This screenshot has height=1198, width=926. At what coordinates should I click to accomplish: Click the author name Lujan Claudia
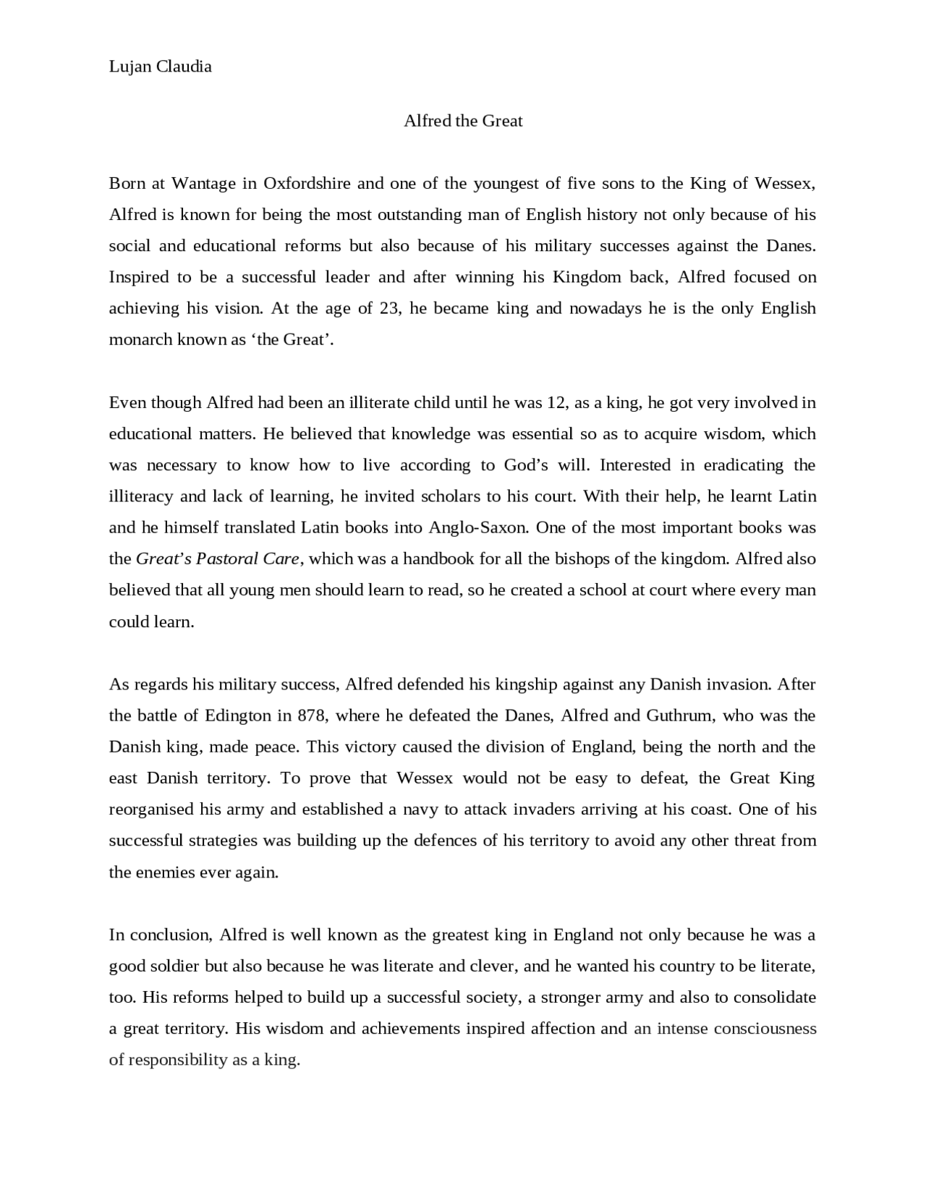pos(160,67)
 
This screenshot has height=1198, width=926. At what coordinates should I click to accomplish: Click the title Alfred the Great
pos(463,121)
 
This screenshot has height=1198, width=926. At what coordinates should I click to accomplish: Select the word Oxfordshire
pos(306,183)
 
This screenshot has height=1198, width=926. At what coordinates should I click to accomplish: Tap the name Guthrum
pos(679,715)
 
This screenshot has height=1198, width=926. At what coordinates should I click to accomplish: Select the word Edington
pos(237,715)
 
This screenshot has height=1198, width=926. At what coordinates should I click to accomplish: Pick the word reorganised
pos(151,810)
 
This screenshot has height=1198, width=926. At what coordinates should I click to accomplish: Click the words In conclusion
pos(159,935)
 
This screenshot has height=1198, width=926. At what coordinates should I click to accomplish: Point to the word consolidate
pos(774,998)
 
